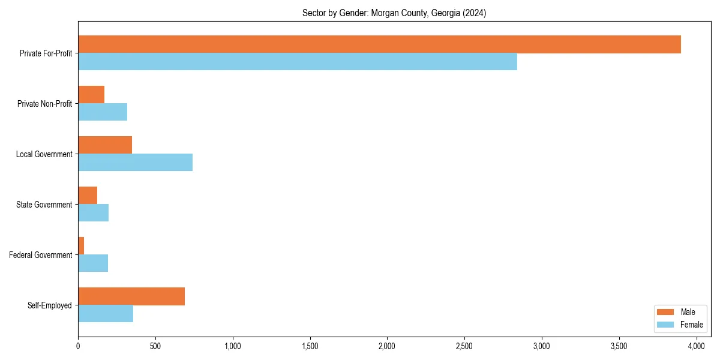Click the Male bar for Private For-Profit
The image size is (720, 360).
pos(379,44)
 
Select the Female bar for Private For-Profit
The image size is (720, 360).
pos(298,62)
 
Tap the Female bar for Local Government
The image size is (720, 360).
pos(135,163)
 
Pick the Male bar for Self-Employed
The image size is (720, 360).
pos(131,296)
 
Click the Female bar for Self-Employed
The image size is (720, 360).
pos(106,314)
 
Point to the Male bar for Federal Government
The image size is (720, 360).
pos(81,246)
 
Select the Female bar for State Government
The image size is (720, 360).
pos(93,213)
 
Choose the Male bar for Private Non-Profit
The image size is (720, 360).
pos(91,95)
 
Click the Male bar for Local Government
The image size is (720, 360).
pos(105,145)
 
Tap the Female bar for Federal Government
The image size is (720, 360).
pos(93,263)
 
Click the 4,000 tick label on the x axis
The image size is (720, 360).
pos(696,346)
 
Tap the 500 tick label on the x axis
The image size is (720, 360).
pos(155,346)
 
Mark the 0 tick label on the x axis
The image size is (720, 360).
pos(78,346)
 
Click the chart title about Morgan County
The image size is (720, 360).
pos(394,13)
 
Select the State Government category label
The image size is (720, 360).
pos(44,205)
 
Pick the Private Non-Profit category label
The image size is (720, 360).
pos(44,104)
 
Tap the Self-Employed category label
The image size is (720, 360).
pos(50,305)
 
